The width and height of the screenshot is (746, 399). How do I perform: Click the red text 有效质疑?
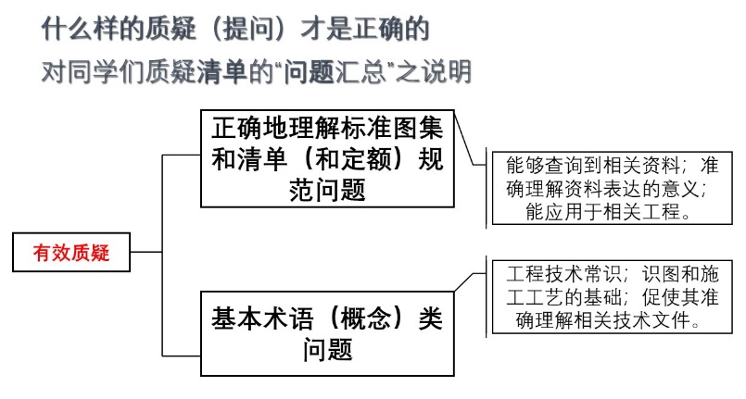[x=71, y=252]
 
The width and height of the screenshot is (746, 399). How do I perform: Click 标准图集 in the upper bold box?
[x=392, y=128]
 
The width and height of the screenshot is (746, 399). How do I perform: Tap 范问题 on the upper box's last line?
[x=327, y=190]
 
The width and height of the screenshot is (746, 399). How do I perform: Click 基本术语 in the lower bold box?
[x=262, y=318]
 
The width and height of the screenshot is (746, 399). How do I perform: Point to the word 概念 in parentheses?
[x=366, y=318]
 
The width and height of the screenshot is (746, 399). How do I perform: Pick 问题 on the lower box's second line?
[x=327, y=350]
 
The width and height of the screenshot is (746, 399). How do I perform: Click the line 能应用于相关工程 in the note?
[x=603, y=211]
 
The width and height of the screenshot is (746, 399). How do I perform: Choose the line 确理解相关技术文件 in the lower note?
[x=602, y=319]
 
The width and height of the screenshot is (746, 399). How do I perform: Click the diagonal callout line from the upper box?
[x=464, y=139]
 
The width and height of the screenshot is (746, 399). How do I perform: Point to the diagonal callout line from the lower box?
[x=464, y=282]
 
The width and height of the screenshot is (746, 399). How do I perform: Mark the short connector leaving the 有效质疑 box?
[x=146, y=252]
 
